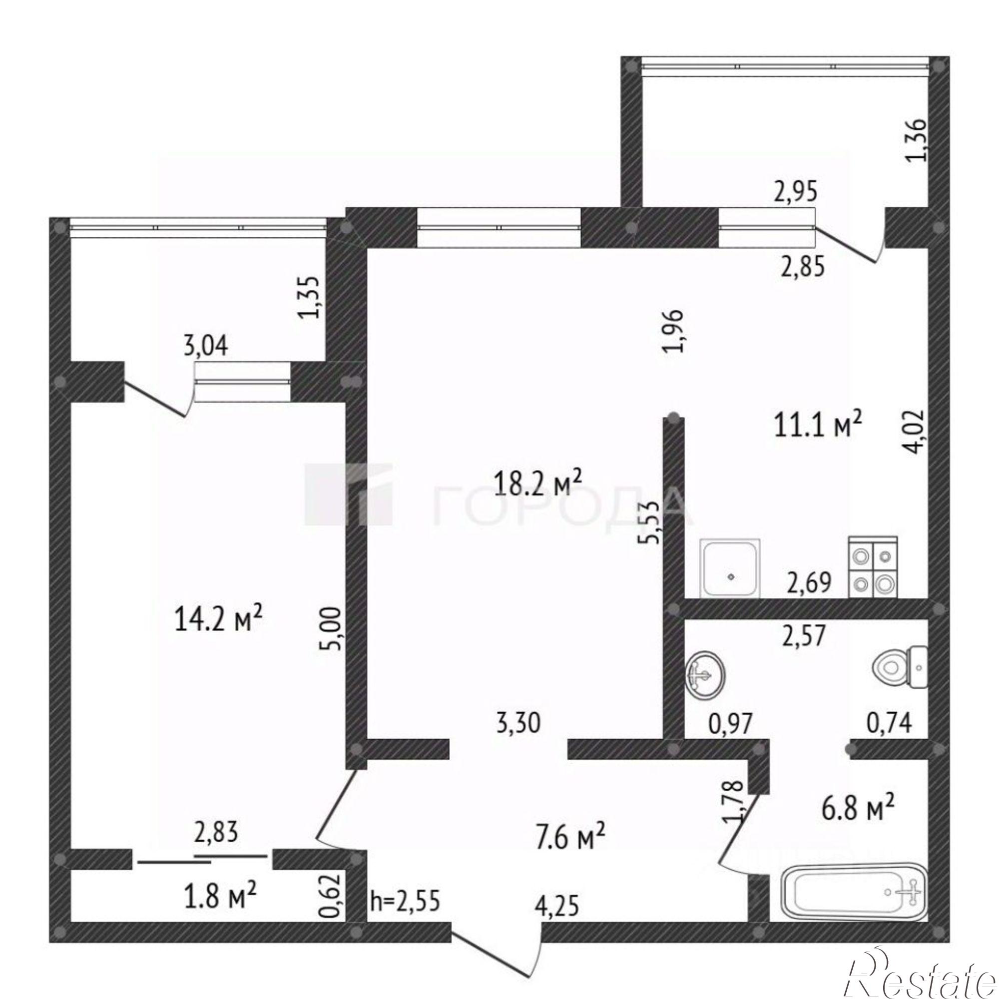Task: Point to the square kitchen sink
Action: click(x=730, y=568)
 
